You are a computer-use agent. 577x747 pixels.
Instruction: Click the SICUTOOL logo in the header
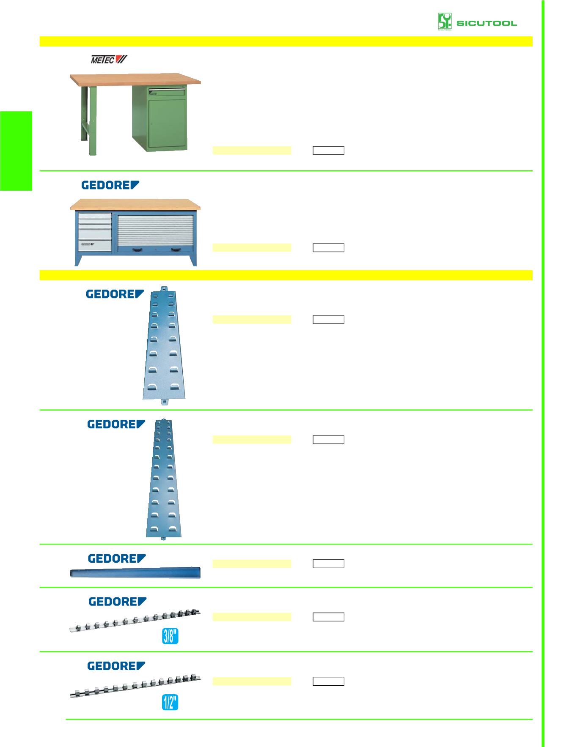pyautogui.click(x=477, y=22)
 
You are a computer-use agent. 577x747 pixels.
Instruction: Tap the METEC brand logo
pyautogui.click(x=109, y=60)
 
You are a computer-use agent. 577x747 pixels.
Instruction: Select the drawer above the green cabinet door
pyautogui.click(x=167, y=90)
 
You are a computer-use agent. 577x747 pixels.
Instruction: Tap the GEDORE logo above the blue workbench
pyautogui.click(x=110, y=185)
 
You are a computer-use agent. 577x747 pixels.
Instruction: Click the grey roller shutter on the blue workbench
pyautogui.click(x=155, y=229)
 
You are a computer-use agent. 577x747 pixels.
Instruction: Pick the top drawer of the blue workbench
pyautogui.click(x=95, y=216)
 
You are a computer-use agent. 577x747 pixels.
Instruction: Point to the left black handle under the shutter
pyautogui.click(x=138, y=250)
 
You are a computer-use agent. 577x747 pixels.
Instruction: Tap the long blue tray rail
pyautogui.click(x=135, y=573)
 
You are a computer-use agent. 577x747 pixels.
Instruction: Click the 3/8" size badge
pyautogui.click(x=170, y=636)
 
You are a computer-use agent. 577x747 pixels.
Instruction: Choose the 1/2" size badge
pyautogui.click(x=170, y=702)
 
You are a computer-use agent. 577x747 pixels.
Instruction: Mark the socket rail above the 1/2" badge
pyautogui.click(x=135, y=687)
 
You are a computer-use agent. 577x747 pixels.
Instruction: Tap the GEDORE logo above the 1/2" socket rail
pyautogui.click(x=116, y=666)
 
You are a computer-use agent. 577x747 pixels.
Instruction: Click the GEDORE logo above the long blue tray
pyautogui.click(x=117, y=559)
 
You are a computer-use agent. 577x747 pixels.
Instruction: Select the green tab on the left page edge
pyautogui.click(x=16, y=151)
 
